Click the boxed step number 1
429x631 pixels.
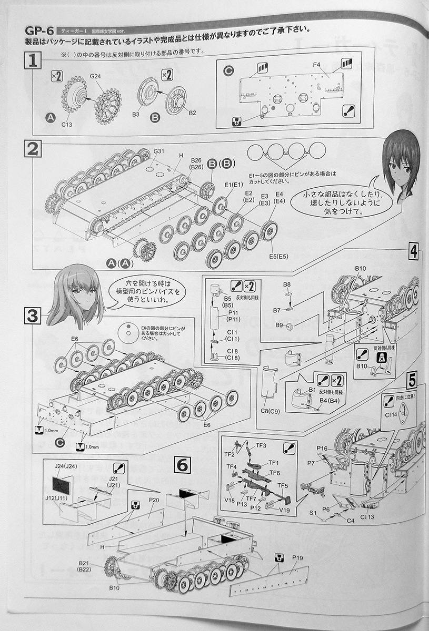click(x=32, y=62)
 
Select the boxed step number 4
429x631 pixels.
click(x=413, y=252)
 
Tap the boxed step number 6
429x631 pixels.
click(x=182, y=464)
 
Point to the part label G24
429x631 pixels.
click(x=95, y=77)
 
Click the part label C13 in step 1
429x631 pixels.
click(x=66, y=124)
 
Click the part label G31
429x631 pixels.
click(x=159, y=152)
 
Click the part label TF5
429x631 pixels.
click(x=282, y=484)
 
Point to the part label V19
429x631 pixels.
click(x=285, y=510)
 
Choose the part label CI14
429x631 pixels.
click(x=392, y=414)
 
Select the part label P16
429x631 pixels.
click(x=323, y=448)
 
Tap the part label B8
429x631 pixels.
click(x=287, y=284)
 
